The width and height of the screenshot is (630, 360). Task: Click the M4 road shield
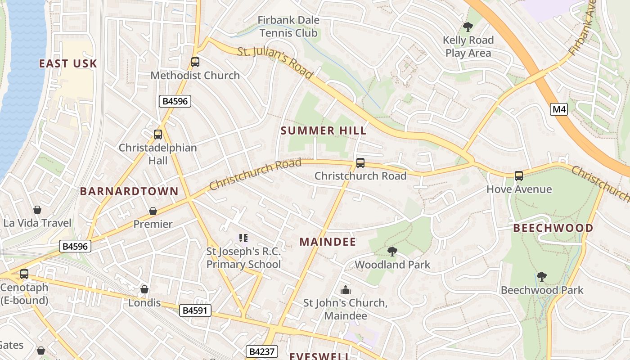558,109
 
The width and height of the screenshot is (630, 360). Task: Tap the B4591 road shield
195,310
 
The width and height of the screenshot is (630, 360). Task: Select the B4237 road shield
261,351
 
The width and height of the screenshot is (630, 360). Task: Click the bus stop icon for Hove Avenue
519,176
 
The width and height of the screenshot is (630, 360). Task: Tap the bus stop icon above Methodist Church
195,62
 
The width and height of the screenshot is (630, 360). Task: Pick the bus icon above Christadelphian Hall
157,134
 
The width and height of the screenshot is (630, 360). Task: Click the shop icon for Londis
144,289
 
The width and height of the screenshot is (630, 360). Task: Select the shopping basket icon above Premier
153,211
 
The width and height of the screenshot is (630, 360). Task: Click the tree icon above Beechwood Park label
542,277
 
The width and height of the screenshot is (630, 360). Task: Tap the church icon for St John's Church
346,290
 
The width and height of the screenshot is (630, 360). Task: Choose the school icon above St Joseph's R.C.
243,238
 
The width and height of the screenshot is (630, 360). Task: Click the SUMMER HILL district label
324,131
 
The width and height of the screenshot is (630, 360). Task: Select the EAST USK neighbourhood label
68,63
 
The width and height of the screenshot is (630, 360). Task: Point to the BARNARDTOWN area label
129,191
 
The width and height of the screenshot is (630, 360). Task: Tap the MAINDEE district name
328,242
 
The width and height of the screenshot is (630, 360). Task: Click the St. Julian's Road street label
274,63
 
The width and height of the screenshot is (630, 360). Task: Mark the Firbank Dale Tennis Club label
288,27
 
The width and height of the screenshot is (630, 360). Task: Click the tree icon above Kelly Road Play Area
468,27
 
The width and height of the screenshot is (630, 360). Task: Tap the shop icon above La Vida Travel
37,210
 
